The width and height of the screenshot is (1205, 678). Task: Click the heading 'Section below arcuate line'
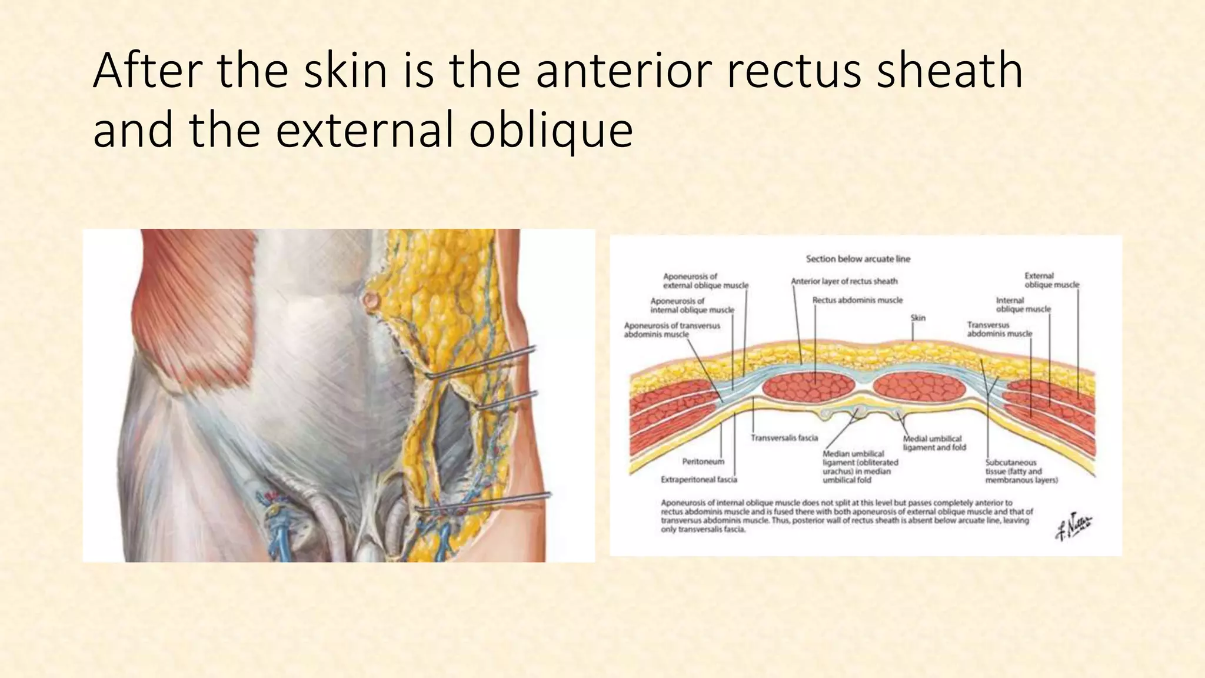(858, 259)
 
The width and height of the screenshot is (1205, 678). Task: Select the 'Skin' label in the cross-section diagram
(918, 318)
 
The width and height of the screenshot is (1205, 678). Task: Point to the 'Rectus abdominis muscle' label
(857, 300)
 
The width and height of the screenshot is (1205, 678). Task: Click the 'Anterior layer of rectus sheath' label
(844, 281)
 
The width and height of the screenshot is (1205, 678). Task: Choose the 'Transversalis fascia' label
(784, 438)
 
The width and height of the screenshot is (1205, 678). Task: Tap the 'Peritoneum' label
(703, 461)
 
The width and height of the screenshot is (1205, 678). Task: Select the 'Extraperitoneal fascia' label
(699, 480)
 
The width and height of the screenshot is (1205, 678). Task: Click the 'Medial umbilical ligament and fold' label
(934, 443)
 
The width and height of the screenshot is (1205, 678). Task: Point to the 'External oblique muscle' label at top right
(1051, 280)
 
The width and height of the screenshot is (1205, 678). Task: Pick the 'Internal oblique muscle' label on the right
(1023, 305)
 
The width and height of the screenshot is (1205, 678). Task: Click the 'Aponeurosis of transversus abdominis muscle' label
(671, 330)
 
